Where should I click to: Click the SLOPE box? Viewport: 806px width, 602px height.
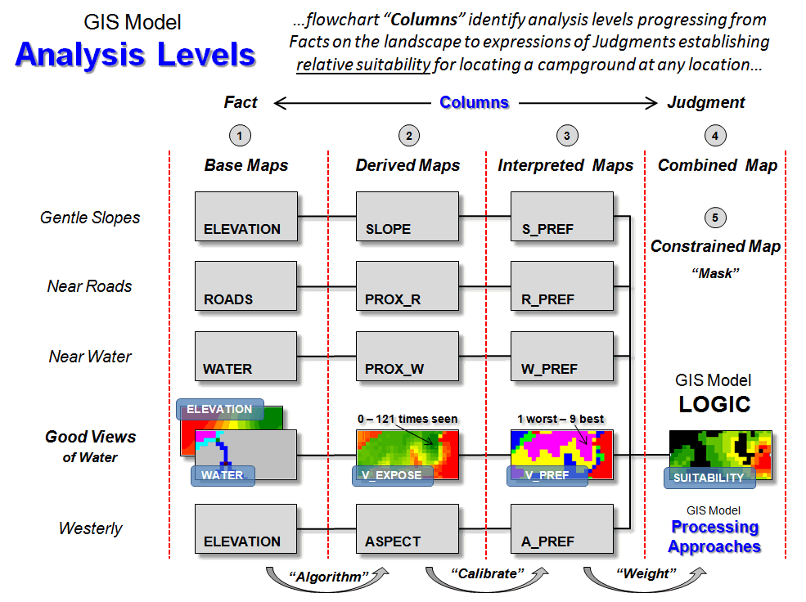point(407,217)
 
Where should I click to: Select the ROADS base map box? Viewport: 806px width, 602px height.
point(246,286)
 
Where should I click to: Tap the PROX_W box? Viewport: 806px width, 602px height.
point(407,357)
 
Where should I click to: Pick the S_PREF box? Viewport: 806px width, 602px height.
point(561,217)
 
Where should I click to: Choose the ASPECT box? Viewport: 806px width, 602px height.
point(407,529)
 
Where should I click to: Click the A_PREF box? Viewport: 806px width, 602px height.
point(561,529)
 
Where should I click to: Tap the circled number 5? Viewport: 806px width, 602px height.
point(715,218)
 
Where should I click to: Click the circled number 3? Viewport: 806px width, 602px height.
point(565,135)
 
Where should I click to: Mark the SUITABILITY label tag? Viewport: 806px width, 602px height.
point(709,478)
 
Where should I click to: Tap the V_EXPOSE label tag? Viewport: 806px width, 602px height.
point(392,475)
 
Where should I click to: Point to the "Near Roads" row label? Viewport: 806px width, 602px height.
point(90,286)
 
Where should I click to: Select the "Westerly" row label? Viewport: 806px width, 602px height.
point(91,528)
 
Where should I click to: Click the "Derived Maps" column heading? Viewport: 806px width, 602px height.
point(408,165)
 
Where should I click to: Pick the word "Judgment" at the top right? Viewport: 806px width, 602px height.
point(706,102)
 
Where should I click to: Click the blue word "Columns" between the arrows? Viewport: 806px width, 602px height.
point(475,102)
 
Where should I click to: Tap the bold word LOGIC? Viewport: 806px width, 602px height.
point(714,405)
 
